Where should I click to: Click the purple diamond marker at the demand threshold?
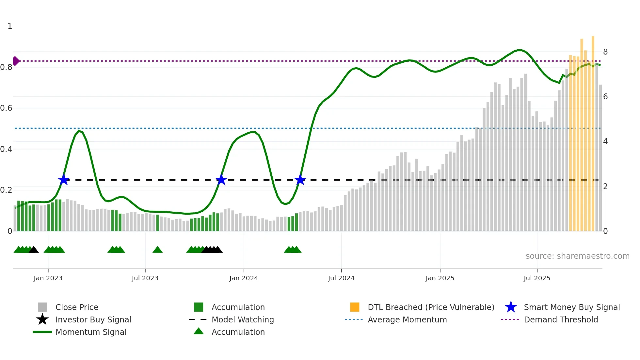click(16, 61)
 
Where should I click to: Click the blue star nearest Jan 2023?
click(64, 180)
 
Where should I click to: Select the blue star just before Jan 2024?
click(221, 180)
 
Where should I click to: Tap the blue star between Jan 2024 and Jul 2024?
click(300, 180)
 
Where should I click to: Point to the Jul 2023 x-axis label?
click(145, 278)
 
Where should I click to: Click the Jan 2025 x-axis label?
click(440, 278)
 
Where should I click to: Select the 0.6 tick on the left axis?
click(6, 108)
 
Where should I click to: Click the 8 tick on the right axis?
click(605, 52)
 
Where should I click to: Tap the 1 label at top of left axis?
click(10, 26)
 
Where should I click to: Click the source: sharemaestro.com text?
click(577, 256)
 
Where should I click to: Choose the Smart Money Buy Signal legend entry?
click(571, 307)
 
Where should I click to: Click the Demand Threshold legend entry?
click(561, 320)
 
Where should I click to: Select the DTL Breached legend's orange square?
click(355, 307)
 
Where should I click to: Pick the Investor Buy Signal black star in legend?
click(42, 319)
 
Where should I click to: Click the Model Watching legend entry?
click(242, 320)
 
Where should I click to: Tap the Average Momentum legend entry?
click(407, 320)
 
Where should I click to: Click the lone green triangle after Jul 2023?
click(157, 250)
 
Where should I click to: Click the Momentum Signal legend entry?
click(91, 332)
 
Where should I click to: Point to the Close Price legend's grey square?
click(42, 307)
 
